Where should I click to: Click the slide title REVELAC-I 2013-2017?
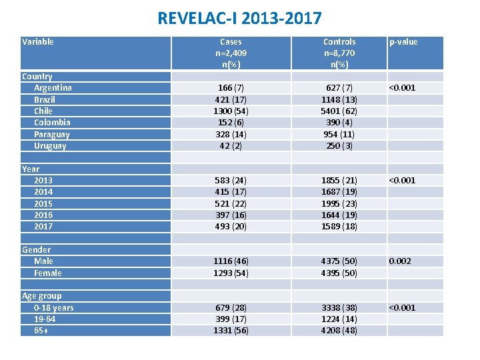[239, 18]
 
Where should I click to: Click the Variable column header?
[38, 42]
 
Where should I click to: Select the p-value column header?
[403, 42]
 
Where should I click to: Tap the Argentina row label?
[53, 88]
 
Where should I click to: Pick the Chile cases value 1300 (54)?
[231, 111]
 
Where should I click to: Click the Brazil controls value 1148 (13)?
[339, 99]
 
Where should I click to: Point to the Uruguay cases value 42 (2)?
[231, 145]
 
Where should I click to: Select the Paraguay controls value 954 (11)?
[339, 134]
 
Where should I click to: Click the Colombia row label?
[52, 123]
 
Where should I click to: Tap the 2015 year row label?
[43, 203]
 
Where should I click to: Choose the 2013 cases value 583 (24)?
[231, 180]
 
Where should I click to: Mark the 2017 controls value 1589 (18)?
[339, 226]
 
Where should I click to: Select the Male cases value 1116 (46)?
[231, 261]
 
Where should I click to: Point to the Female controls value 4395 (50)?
[339, 273]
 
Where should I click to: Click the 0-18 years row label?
[53, 307]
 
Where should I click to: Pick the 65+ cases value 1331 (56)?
[231, 331]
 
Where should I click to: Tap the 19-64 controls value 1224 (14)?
[339, 319]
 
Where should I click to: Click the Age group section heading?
[41, 296]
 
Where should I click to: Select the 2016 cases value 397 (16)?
[231, 215]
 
